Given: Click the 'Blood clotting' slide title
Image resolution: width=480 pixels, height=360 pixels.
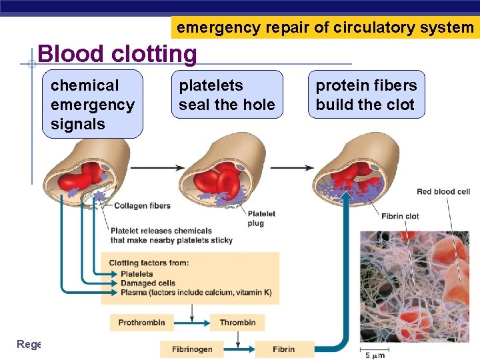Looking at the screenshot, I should tap(117, 53).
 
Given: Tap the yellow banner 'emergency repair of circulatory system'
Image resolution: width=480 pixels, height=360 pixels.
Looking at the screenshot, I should tap(325, 27).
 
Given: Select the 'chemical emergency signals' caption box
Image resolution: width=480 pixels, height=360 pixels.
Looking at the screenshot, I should tap(93, 105).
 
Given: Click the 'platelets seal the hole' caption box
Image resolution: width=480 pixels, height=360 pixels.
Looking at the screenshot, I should tap(227, 95).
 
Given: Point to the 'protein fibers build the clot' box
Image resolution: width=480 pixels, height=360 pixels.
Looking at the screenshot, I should tap(366, 95).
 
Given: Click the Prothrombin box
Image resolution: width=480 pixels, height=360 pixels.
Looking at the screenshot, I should tap(141, 323).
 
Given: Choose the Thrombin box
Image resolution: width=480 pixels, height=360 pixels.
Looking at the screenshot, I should tap(237, 323).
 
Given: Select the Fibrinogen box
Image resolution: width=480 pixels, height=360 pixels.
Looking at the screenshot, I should tap(192, 349).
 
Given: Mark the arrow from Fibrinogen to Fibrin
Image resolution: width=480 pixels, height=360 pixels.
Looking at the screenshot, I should tap(239, 349).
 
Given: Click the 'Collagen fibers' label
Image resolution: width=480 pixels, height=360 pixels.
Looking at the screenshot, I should tap(142, 206).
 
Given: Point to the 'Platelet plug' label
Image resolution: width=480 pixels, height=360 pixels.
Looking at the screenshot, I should tap(261, 218).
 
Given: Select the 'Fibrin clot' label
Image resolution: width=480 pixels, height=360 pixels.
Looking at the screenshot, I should tap(400, 216).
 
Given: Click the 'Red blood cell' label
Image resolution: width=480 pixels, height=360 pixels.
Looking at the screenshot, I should tap(443, 192).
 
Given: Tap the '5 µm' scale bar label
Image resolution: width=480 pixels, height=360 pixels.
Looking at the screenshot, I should tap(373, 355).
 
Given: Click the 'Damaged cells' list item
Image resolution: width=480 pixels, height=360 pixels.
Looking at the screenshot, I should tap(147, 283).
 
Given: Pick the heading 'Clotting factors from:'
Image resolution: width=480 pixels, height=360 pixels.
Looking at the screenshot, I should tap(149, 263).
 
